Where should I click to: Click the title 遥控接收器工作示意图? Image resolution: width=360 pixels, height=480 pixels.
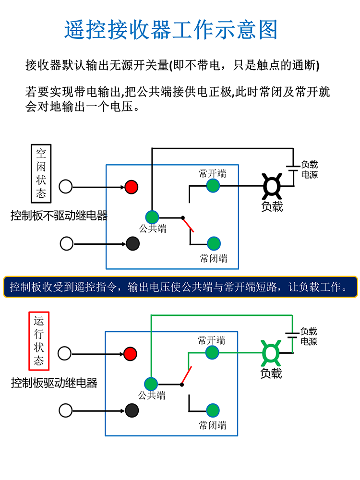tap(171, 30)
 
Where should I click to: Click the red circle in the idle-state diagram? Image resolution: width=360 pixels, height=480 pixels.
tap(132, 186)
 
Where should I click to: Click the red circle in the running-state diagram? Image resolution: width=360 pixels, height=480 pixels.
tap(130, 354)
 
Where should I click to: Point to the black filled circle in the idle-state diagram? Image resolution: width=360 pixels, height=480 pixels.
tap(132, 243)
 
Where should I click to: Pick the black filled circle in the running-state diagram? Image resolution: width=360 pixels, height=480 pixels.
tap(132, 410)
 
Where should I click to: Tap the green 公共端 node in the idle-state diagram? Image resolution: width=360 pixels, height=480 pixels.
tap(152, 217)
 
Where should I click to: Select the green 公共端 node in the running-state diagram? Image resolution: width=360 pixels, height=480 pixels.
tap(151, 384)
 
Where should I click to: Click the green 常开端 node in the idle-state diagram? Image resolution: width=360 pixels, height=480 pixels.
tap(213, 185)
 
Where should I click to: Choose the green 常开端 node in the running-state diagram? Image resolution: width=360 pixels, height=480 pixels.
tap(212, 352)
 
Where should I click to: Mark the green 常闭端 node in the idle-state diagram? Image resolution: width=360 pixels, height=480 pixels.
tap(214, 243)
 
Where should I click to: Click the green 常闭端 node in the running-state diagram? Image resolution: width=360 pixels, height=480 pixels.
tap(213, 410)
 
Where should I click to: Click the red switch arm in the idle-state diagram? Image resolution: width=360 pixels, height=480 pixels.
tap(188, 225)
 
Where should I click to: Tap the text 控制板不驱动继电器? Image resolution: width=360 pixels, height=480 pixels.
tap(59, 216)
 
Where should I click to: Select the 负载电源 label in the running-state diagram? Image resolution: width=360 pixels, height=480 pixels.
tap(309, 336)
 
